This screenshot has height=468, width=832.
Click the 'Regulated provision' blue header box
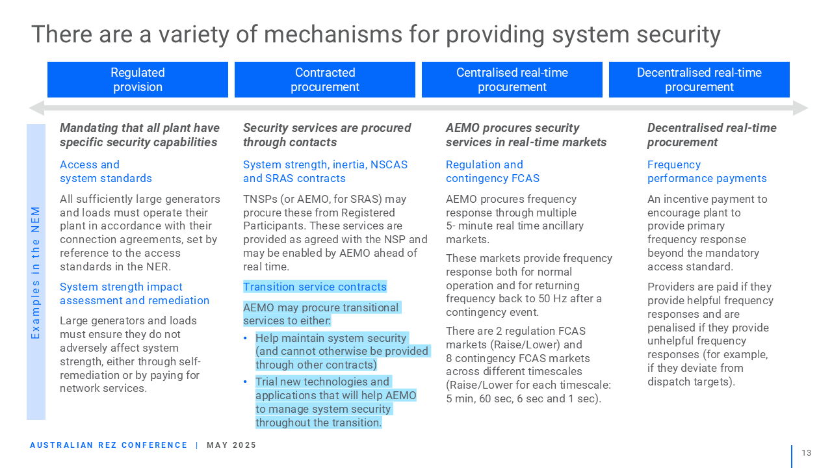[137, 79]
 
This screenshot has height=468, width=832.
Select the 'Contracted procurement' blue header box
[324, 79]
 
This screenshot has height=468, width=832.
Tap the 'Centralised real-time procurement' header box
[512, 79]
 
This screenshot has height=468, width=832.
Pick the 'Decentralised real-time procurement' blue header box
[699, 79]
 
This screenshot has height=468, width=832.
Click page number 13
[807, 453]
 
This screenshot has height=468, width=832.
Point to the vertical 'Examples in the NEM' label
[35, 272]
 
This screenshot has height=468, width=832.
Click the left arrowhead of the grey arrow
[37, 108]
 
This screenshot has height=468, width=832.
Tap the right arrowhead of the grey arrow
[800, 108]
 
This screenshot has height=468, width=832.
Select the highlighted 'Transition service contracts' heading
[315, 287]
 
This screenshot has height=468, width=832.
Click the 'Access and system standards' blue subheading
[106, 171]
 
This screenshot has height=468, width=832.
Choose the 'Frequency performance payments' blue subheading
[707, 171]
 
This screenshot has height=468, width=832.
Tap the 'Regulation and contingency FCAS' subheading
[493, 171]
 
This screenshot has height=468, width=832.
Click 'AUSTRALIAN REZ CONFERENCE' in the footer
[109, 445]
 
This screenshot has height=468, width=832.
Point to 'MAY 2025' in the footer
[231, 445]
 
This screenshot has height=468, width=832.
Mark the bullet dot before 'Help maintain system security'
[245, 338]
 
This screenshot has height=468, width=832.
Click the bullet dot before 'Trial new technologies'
[245, 382]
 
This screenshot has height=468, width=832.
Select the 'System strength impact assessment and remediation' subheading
[135, 293]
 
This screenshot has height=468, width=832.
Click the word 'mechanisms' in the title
[333, 34]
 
